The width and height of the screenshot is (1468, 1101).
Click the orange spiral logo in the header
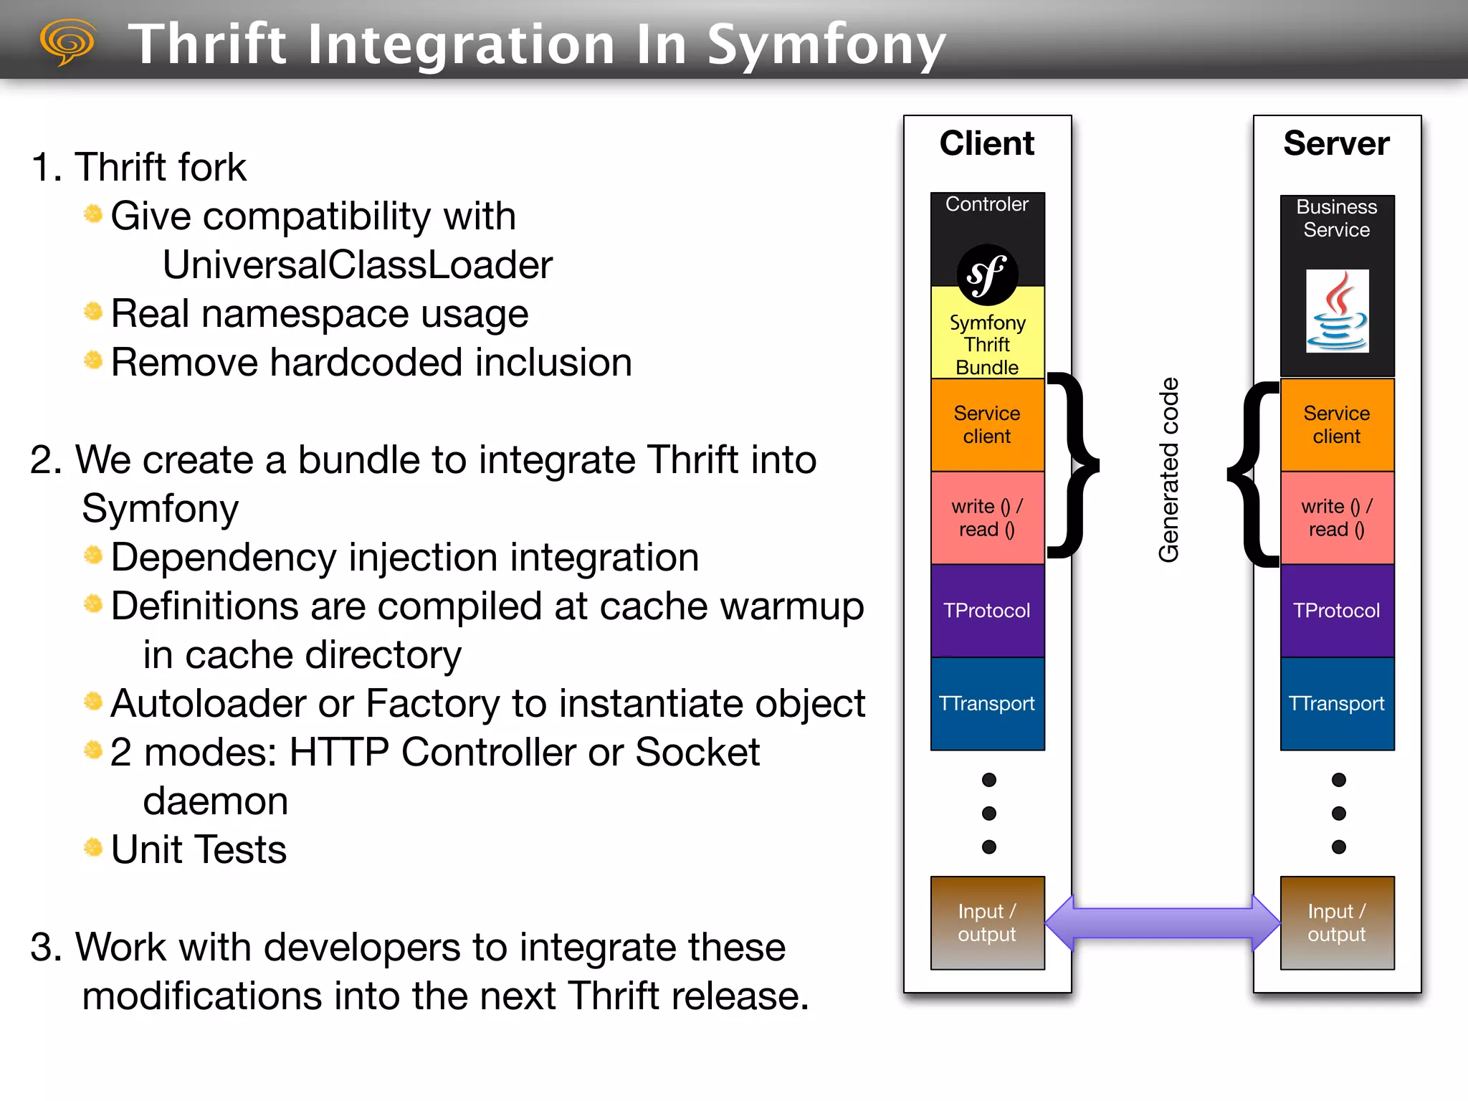pos(67,42)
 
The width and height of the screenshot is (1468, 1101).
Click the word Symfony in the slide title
pos(826,44)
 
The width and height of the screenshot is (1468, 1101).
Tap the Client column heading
pos(986,143)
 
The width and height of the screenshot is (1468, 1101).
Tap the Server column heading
pos(1336,143)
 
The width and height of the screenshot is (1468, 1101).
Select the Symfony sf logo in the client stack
pos(987,275)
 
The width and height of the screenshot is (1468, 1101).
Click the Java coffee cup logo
pos(1337,311)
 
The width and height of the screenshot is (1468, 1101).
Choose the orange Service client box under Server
pos(1336,424)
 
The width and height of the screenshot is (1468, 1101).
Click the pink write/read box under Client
pos(987,518)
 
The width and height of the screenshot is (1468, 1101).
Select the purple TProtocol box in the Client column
pos(987,611)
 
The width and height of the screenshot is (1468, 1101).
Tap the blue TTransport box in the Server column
pos(1336,703)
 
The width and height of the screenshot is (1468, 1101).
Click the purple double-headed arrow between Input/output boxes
pos(1162,923)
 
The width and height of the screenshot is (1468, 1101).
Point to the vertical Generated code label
pos(1168,470)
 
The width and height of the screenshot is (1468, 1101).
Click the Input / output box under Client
pos(987,923)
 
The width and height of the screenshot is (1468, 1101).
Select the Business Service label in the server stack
pos(1336,218)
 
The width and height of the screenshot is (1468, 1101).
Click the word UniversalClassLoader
pos(357,265)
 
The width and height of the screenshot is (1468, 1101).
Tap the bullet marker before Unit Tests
pos(93,848)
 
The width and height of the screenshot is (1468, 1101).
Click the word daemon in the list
pos(215,801)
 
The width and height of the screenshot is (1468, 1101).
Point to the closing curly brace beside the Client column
pos(1073,464)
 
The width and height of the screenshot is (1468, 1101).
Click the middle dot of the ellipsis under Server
pos(1338,813)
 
